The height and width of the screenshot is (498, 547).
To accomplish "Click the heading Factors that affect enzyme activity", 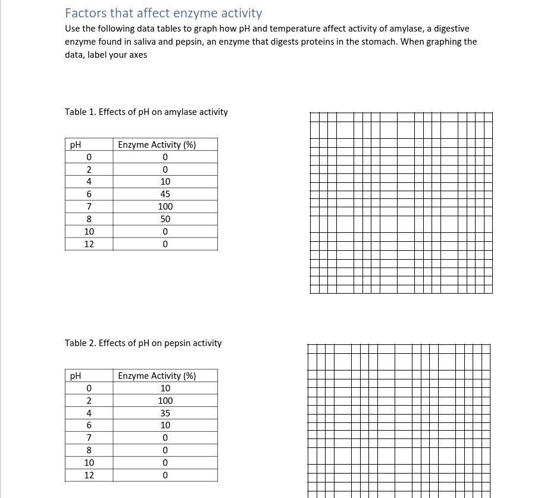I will (163, 13).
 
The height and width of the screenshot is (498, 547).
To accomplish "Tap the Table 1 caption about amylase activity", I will (146, 112).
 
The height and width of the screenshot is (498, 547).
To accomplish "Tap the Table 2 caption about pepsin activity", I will (143, 343).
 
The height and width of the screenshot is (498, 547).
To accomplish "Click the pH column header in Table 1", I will (76, 145).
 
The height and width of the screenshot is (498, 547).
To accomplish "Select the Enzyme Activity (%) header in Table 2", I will (157, 376).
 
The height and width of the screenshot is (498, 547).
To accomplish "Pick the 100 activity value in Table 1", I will (165, 207).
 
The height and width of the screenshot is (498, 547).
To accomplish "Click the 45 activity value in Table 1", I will (165, 194).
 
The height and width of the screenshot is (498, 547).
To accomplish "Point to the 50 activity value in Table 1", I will (165, 219).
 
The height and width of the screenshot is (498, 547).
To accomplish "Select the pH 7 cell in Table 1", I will (89, 207).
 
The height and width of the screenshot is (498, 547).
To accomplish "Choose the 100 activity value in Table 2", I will (165, 401).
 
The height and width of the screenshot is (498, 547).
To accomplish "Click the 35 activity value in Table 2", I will (165, 413).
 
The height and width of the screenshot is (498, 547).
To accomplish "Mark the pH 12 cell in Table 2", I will (89, 475).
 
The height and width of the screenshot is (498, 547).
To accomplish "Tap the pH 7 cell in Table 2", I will (89, 438).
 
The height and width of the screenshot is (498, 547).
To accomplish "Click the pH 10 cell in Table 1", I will (89, 232).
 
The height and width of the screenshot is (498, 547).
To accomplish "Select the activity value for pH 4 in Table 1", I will (165, 182).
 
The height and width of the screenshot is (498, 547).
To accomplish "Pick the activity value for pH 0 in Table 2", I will (165, 388).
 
